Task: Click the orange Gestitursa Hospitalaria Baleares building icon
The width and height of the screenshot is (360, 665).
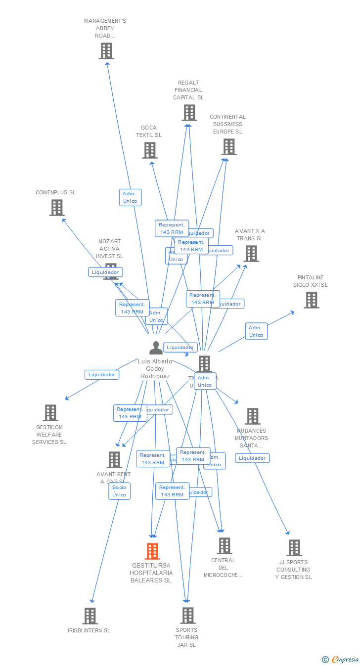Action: coord(152,551)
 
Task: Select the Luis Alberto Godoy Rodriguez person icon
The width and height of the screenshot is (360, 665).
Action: coord(156,348)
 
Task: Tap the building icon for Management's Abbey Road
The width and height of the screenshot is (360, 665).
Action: coord(106,51)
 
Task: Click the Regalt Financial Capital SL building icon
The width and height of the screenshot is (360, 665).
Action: coord(189,113)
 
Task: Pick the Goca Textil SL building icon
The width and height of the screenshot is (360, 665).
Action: coord(150,150)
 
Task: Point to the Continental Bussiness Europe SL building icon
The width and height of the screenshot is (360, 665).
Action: coord(229,147)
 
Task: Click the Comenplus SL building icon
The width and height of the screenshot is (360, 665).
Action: coord(57,208)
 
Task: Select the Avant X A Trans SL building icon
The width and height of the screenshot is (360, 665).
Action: coord(251,254)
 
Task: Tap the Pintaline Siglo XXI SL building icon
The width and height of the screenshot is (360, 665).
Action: coord(311,300)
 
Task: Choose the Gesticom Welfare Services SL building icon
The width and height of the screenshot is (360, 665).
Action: coord(50,413)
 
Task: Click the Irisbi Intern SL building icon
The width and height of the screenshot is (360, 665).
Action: coord(90,616)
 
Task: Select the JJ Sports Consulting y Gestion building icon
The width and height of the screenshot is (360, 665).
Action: coord(294,548)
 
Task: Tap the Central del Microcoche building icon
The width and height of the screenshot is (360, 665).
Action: coord(225,546)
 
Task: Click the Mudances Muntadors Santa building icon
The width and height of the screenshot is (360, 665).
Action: coord(253,416)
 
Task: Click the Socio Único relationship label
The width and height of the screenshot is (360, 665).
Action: coord(119,491)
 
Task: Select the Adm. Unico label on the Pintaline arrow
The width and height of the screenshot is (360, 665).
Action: coord(256,331)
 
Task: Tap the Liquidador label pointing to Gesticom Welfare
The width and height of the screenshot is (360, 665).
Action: coord(102,375)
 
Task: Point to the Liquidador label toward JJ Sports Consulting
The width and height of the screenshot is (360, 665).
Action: coord(252,458)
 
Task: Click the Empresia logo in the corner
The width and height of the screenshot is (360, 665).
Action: coord(341,659)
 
